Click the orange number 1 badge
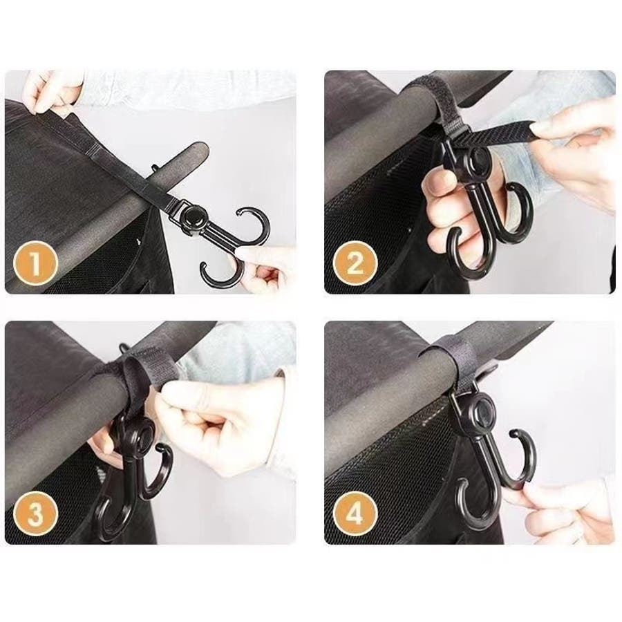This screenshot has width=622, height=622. (36, 263)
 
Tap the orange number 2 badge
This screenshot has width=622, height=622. (355, 263)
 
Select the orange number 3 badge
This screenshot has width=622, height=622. (36, 513)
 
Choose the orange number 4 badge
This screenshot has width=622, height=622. (355, 513)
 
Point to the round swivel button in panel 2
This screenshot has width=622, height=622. (478, 158)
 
